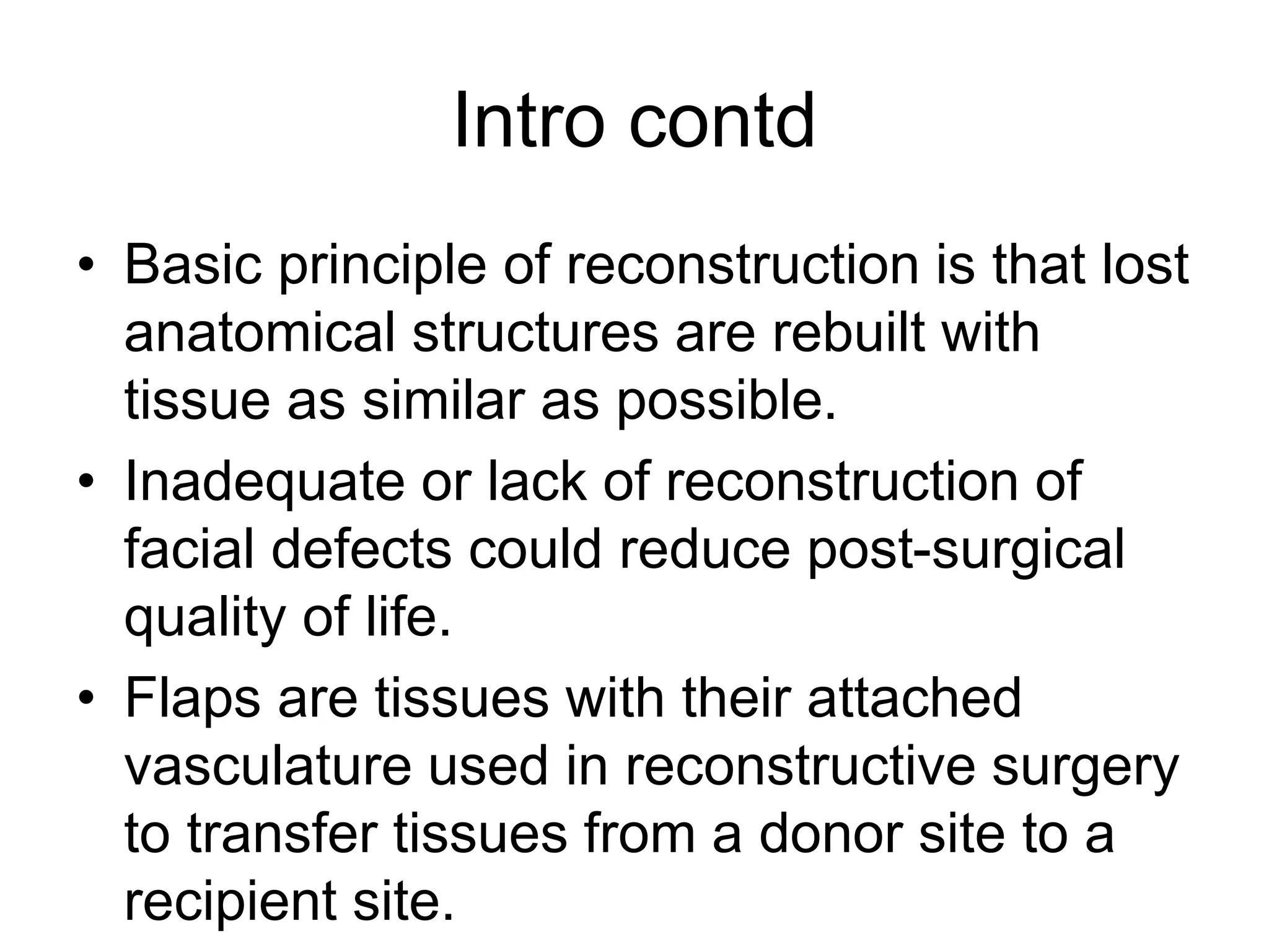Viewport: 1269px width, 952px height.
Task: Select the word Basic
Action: click(x=193, y=265)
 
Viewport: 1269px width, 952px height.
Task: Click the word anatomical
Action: click(x=260, y=333)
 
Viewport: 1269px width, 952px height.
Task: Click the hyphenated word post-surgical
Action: click(x=966, y=552)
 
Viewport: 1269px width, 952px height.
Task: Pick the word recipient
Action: click(x=230, y=902)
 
